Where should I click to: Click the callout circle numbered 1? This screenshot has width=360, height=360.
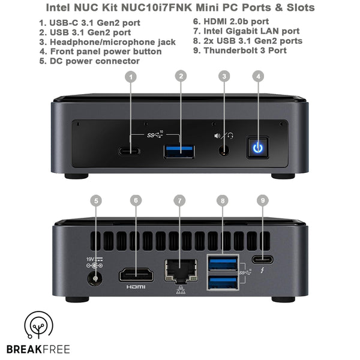[132, 76]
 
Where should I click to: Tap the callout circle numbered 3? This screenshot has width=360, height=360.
[224, 76]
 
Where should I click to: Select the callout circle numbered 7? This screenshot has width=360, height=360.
[178, 200]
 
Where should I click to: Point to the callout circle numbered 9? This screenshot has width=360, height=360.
[262, 200]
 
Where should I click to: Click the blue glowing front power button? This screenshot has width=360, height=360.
[258, 148]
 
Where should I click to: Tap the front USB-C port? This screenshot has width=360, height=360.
[129, 151]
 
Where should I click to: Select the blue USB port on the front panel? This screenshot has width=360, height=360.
[179, 150]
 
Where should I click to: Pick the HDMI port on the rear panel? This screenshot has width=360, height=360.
[136, 275]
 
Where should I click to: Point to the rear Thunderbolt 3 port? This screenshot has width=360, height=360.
[262, 260]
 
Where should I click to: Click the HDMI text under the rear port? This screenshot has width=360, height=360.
[136, 287]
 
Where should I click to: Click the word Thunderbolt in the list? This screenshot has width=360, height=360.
[229, 50]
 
